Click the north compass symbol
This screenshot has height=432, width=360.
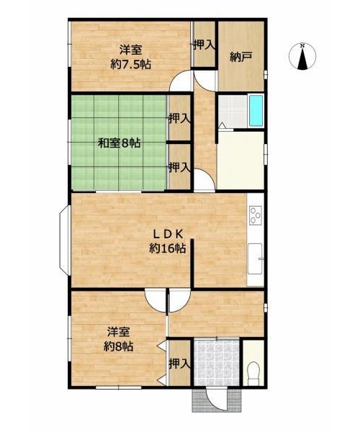pyautogui.click(x=302, y=56)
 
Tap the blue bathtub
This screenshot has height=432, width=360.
pyautogui.click(x=256, y=110)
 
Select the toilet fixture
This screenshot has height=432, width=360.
pyautogui.click(x=253, y=374)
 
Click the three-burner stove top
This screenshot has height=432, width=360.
pyautogui.click(x=255, y=215)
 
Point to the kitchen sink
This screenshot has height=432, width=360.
pyautogui.click(x=256, y=258)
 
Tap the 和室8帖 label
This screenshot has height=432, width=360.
pyautogui.click(x=120, y=143)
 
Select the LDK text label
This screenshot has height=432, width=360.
pyautogui.click(x=168, y=234)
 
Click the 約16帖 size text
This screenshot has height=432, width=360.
pyautogui.click(x=168, y=248)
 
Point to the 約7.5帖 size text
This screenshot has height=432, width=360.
pyautogui.click(x=130, y=65)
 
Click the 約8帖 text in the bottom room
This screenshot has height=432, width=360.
pyautogui.click(x=119, y=346)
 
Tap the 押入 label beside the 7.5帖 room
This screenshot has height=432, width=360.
pyautogui.click(x=204, y=45)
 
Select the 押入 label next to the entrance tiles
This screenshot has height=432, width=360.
pyautogui.click(x=179, y=364)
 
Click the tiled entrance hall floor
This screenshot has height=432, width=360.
pyautogui.click(x=217, y=363)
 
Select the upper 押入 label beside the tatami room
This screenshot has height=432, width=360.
pyautogui.click(x=179, y=119)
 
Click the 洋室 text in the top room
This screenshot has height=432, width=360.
pyautogui.click(x=130, y=50)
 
